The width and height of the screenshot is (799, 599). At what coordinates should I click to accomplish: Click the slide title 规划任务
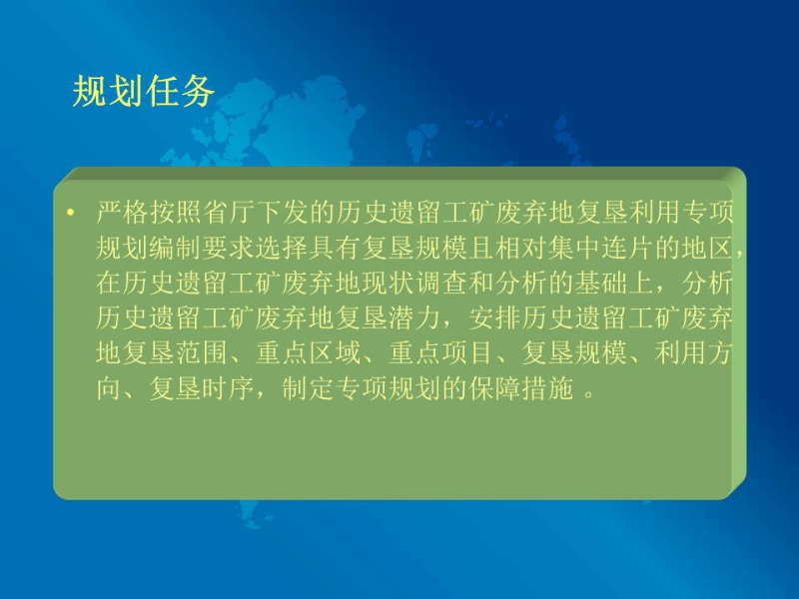coord(143,92)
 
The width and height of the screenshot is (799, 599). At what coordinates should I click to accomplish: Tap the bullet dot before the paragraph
coord(70,212)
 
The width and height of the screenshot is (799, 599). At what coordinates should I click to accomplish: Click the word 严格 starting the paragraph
coord(122,212)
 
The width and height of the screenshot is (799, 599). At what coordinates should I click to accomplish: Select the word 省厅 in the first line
coord(229,212)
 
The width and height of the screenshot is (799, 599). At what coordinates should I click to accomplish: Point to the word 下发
coord(283,212)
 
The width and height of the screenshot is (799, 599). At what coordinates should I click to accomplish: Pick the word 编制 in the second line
coord(176,248)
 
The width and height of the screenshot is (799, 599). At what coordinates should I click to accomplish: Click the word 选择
coord(283,248)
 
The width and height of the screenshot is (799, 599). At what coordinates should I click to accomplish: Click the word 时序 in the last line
coord(229,388)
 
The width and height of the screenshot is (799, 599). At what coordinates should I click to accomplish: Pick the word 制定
coord(309,388)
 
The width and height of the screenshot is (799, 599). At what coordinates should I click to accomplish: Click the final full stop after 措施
coord(589,394)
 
